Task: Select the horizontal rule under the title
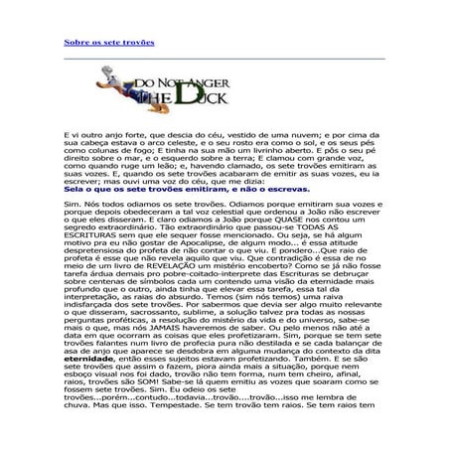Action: (224, 59)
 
